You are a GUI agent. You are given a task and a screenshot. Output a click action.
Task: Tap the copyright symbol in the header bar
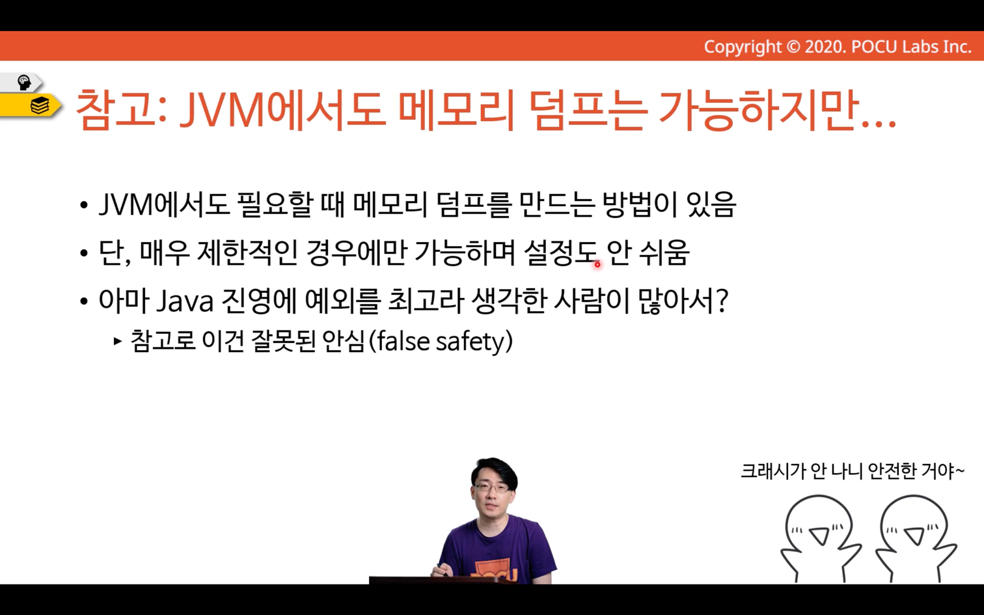[x=793, y=47]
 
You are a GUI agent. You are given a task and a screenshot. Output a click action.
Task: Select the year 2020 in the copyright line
[x=825, y=47]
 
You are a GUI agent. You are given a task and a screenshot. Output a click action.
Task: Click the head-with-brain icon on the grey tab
[x=23, y=82]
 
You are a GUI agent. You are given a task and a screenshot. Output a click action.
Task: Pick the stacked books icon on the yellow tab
[x=40, y=105]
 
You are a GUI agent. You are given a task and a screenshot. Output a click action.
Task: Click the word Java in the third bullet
[x=185, y=301]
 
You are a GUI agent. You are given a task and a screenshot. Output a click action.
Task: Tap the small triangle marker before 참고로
[x=117, y=341]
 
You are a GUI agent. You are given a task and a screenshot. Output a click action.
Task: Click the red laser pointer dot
[x=597, y=264]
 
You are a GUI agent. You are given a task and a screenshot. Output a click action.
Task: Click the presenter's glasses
[x=492, y=488]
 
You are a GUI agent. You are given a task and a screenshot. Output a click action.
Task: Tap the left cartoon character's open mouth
[x=819, y=536]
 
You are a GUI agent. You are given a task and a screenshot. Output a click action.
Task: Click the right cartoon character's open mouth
[x=914, y=536]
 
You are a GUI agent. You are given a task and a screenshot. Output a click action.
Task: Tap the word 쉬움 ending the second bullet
[x=664, y=253]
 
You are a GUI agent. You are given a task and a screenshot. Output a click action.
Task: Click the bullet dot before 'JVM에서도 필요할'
[x=84, y=206]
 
